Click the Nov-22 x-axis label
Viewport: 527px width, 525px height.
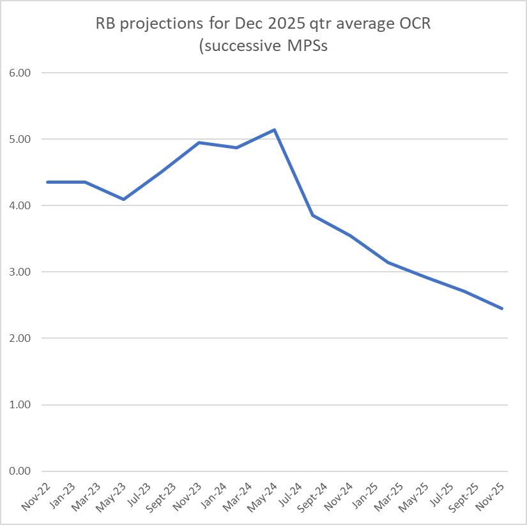(x=36, y=496)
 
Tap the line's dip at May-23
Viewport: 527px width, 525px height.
(x=123, y=200)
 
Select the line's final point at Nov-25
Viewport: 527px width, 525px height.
(x=502, y=308)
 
